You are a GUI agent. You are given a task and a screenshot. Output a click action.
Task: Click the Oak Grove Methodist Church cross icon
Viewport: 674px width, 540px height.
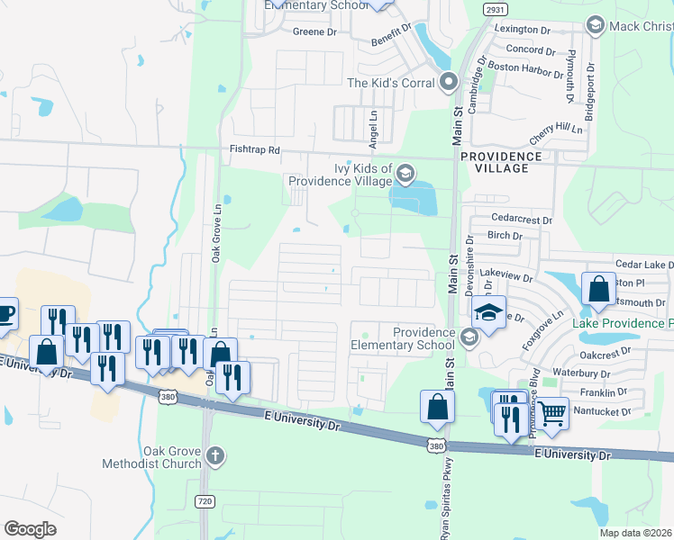click(214, 455)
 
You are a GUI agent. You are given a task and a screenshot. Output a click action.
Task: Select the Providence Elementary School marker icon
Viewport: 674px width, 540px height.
click(468, 337)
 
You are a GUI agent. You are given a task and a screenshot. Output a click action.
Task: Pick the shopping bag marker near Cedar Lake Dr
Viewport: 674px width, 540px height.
click(598, 289)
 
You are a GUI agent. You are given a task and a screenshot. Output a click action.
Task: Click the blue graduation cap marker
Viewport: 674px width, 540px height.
click(488, 313)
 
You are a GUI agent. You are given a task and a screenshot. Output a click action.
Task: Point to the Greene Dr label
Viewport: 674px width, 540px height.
click(314, 31)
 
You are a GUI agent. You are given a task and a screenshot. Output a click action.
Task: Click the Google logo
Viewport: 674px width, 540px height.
click(30, 529)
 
